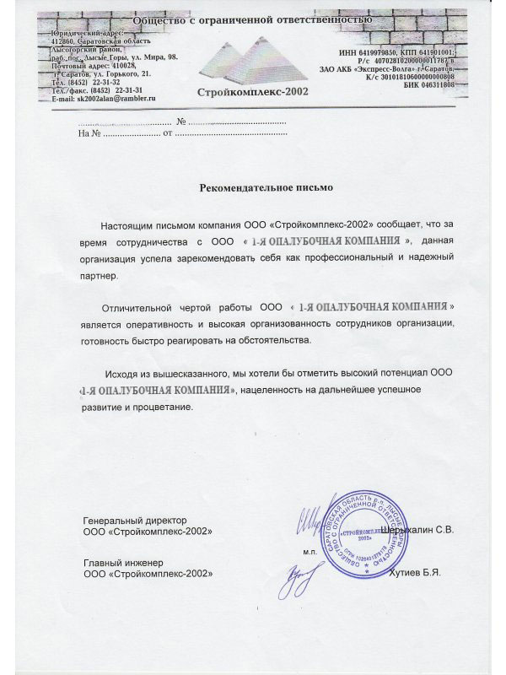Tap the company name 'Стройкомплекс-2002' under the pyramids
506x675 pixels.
click(x=252, y=91)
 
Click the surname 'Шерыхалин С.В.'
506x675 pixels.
click(x=417, y=529)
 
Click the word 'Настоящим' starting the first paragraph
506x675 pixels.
click(x=124, y=227)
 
